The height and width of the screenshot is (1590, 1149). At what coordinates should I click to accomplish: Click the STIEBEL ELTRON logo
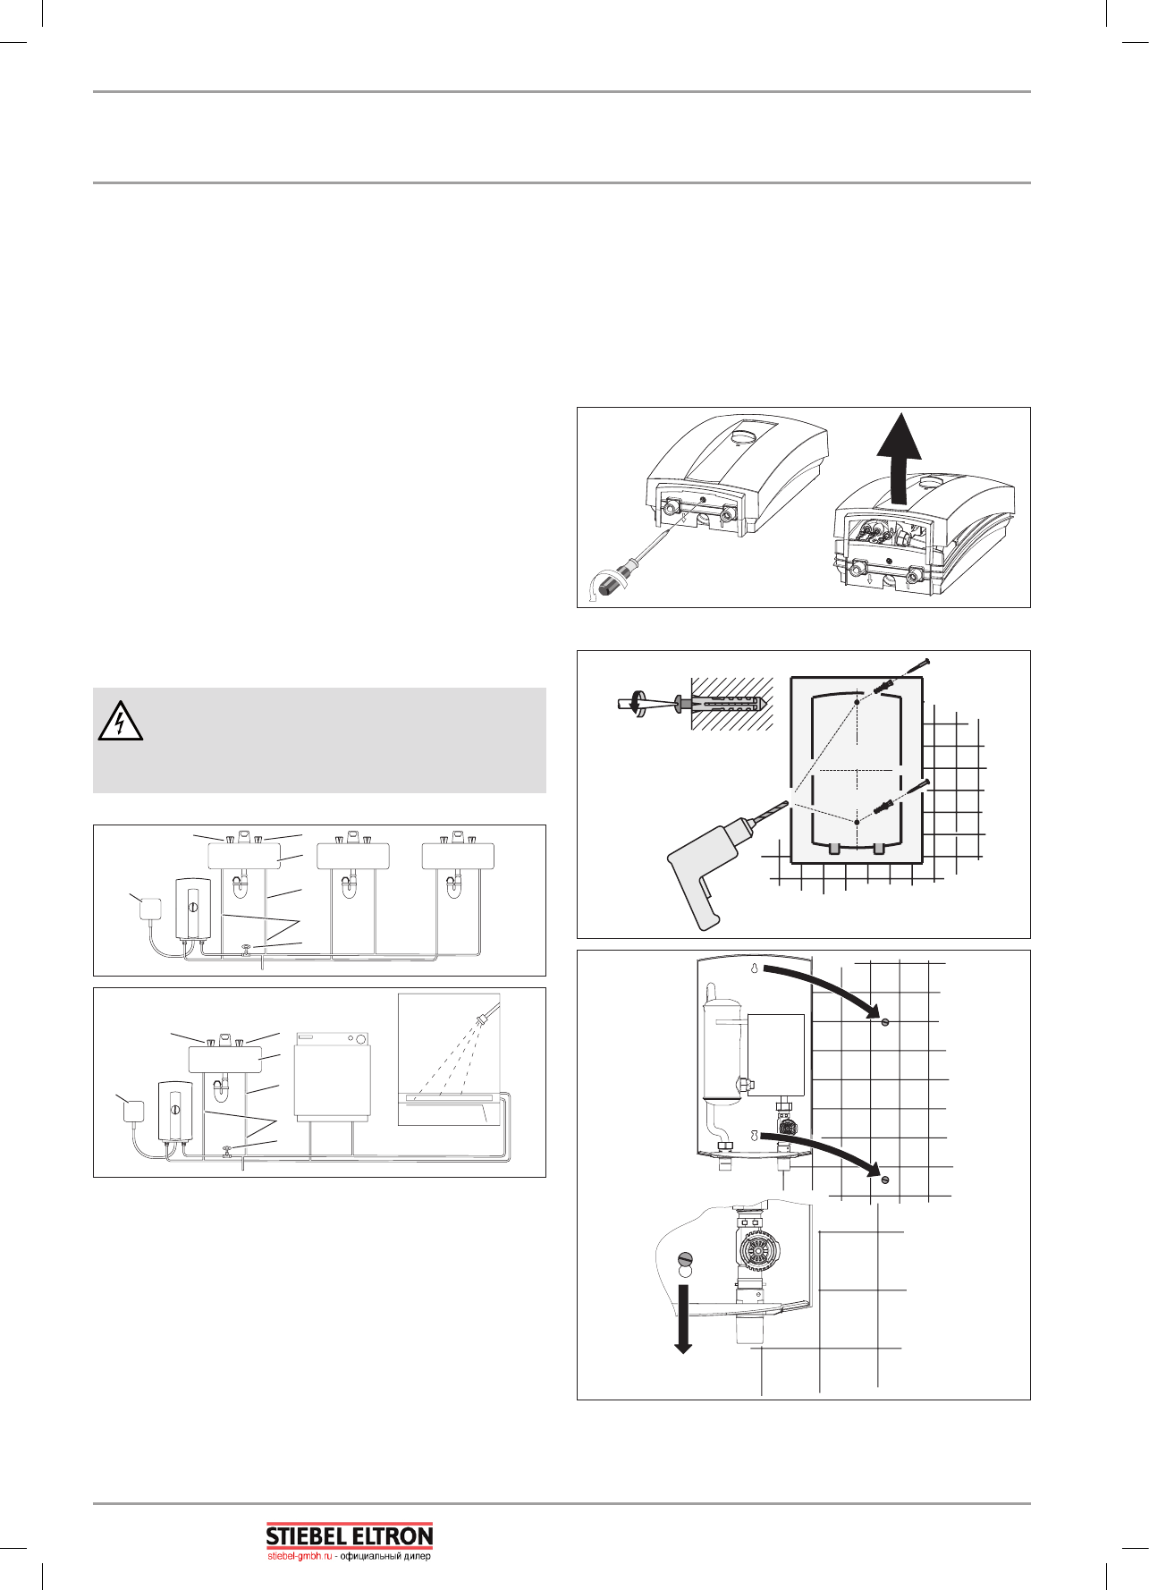pos(350,1535)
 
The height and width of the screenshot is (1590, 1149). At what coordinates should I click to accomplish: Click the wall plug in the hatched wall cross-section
pos(721,703)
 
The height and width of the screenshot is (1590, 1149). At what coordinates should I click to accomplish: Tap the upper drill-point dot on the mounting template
pos(856,703)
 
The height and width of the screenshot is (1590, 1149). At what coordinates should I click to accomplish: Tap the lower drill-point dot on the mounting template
pos(856,820)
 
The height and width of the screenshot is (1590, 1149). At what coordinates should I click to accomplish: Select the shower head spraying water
pos(488,1016)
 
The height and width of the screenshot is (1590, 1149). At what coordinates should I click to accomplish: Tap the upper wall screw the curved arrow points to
pos(883,1022)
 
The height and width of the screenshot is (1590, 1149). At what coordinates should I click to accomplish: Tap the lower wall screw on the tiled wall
pos(884,1180)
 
